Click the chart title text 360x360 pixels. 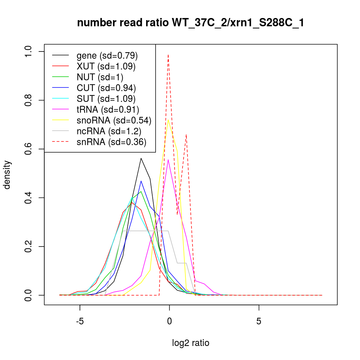pos(191,23)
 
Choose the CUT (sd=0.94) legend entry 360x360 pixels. pos(106,88)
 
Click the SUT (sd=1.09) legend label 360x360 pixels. pos(106,99)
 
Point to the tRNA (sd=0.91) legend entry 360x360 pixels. pos(108,109)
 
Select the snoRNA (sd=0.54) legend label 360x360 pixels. pos(114,120)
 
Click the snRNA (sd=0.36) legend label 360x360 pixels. pos(111,142)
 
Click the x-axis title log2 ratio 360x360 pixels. pos(191,343)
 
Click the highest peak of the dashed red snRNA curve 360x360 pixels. pos(168,55)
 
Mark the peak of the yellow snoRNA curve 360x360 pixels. pos(168,120)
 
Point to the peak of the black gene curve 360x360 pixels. pos(141,158)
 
